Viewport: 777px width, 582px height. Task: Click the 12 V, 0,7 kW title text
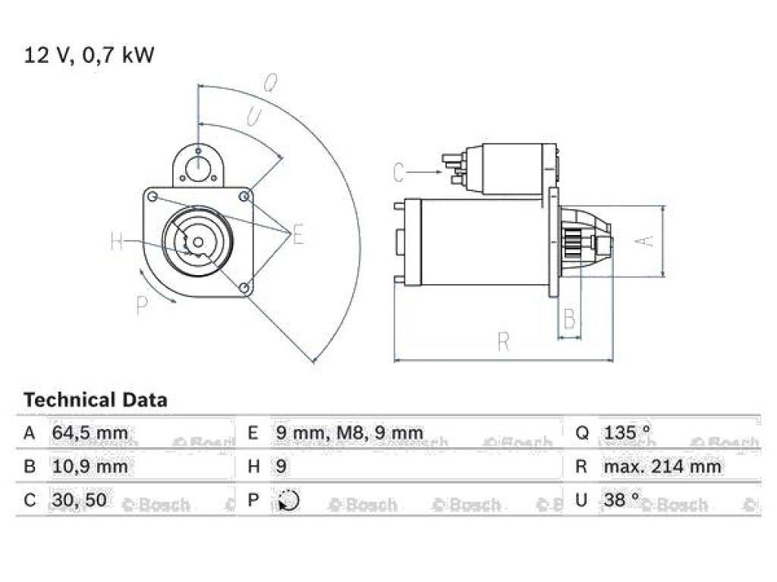[90, 55]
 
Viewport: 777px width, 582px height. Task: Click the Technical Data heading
[96, 400]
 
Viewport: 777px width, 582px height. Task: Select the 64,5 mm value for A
[90, 433]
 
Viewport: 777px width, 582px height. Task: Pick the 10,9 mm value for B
[90, 466]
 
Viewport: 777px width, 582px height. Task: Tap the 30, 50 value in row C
[79, 500]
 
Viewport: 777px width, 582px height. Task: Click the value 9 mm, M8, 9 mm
[349, 433]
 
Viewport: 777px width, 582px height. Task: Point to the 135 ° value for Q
[627, 432]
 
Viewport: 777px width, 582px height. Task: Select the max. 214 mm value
[662, 466]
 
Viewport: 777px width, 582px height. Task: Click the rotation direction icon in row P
[288, 500]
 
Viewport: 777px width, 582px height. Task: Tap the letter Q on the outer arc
[270, 83]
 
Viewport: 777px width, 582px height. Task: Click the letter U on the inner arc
[254, 117]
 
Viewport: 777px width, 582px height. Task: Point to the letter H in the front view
[116, 242]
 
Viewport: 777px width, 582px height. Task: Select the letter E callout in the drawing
[297, 235]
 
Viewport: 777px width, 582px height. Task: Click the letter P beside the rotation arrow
[142, 305]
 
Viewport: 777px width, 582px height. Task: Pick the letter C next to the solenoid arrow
[398, 172]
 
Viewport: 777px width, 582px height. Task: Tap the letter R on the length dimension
[503, 342]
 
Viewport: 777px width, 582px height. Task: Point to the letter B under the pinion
[570, 318]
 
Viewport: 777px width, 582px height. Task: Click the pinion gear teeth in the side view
[572, 243]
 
